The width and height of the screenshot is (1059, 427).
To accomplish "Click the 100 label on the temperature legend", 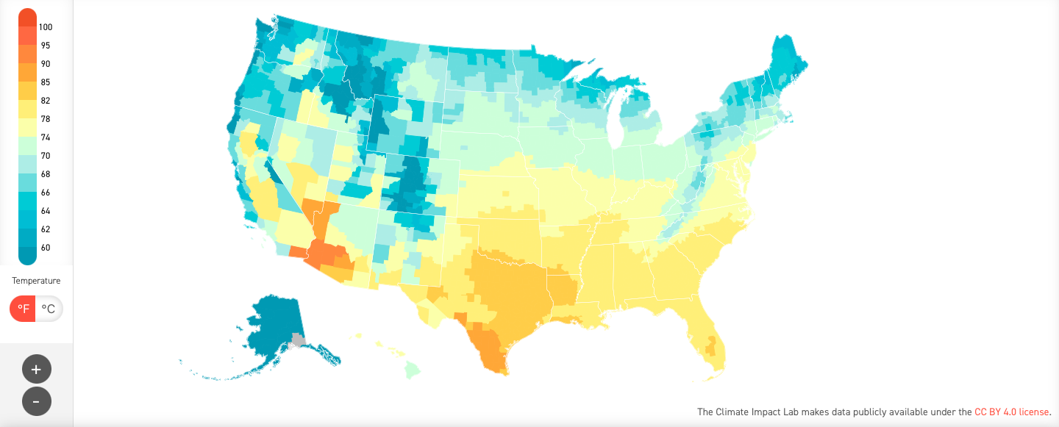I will pyautogui.click(x=46, y=27).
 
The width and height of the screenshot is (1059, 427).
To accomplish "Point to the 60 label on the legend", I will pyautogui.click(x=46, y=248).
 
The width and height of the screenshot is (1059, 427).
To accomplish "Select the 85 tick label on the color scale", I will pyautogui.click(x=46, y=82).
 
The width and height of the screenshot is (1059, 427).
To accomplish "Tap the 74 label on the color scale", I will pyautogui.click(x=46, y=137).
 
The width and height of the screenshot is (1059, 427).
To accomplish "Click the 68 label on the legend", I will pyautogui.click(x=46, y=174).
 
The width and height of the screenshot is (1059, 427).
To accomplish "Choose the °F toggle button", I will pyautogui.click(x=24, y=309).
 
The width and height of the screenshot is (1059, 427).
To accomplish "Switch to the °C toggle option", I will pyautogui.click(x=49, y=309).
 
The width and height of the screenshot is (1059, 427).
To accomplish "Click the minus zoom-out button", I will pyautogui.click(x=37, y=401).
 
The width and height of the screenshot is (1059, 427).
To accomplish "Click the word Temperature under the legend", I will pyautogui.click(x=36, y=281).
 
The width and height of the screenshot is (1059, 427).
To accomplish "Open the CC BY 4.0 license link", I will pyautogui.click(x=1012, y=412).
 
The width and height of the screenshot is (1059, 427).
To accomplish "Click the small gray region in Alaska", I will pyautogui.click(x=298, y=340).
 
